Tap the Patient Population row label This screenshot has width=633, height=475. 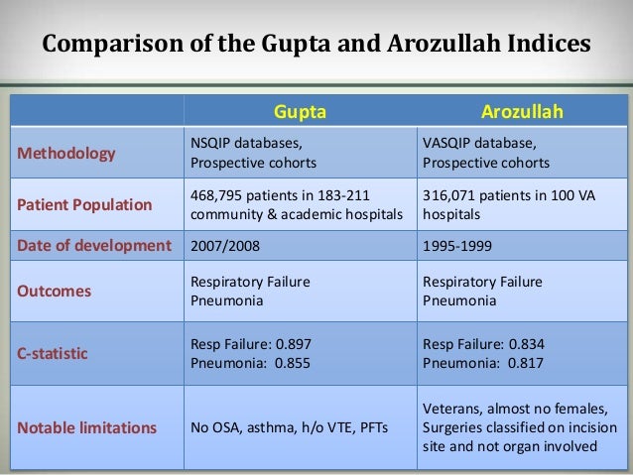[x=82, y=205]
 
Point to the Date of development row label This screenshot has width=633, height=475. [x=90, y=245]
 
